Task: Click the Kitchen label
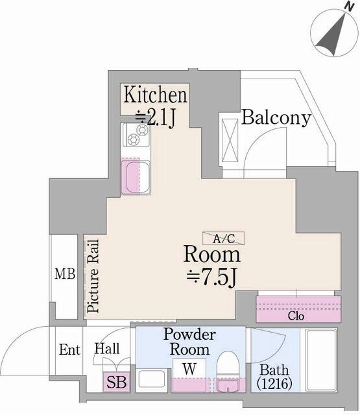pyautogui.click(x=155, y=95)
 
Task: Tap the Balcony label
pyautogui.click(x=276, y=117)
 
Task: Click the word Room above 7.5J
pyautogui.click(x=212, y=254)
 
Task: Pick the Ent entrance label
pyautogui.click(x=69, y=350)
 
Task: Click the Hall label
pyautogui.click(x=107, y=350)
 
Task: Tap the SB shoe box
pyautogui.click(x=117, y=382)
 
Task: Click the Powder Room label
pyautogui.click(x=189, y=342)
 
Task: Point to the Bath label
pyautogui.click(x=272, y=370)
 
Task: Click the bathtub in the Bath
pyautogui.click(x=321, y=362)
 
